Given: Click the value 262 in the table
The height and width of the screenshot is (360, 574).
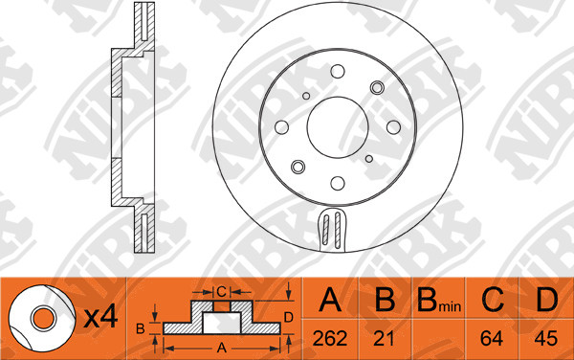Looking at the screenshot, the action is (x=330, y=338).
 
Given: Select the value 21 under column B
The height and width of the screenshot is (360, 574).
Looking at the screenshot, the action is (x=384, y=338).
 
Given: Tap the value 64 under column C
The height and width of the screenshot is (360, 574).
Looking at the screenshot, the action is (x=492, y=338).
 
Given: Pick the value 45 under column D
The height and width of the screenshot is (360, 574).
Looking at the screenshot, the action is (x=546, y=338).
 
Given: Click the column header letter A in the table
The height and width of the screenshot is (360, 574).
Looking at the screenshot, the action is (x=330, y=300).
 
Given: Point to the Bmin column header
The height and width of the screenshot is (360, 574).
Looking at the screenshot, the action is (x=439, y=301).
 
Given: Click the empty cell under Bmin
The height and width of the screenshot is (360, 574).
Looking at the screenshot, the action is (x=438, y=338).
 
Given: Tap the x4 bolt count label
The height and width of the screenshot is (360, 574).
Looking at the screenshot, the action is (x=100, y=317).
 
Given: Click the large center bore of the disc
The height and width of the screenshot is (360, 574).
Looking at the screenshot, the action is (x=338, y=127).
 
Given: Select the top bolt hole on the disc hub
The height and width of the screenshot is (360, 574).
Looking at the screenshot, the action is (x=338, y=72).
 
